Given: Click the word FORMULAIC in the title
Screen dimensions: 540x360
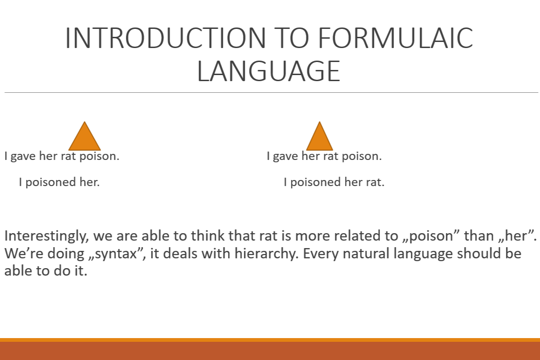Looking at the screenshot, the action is tap(395, 38).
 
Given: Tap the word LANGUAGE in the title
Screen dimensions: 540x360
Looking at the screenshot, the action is tap(269, 71).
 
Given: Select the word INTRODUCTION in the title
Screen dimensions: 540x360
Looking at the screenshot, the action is tap(165, 38).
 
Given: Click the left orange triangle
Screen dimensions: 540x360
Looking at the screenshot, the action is tap(84, 136).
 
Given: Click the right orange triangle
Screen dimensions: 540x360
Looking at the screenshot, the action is tap(319, 136).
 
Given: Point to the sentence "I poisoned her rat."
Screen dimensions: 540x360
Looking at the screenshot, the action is tap(334, 182).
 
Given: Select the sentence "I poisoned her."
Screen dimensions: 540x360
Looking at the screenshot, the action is tap(59, 182).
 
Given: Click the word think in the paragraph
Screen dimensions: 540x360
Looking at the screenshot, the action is tap(208, 235).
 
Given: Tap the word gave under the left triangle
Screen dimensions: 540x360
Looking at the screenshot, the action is tap(23, 156).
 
